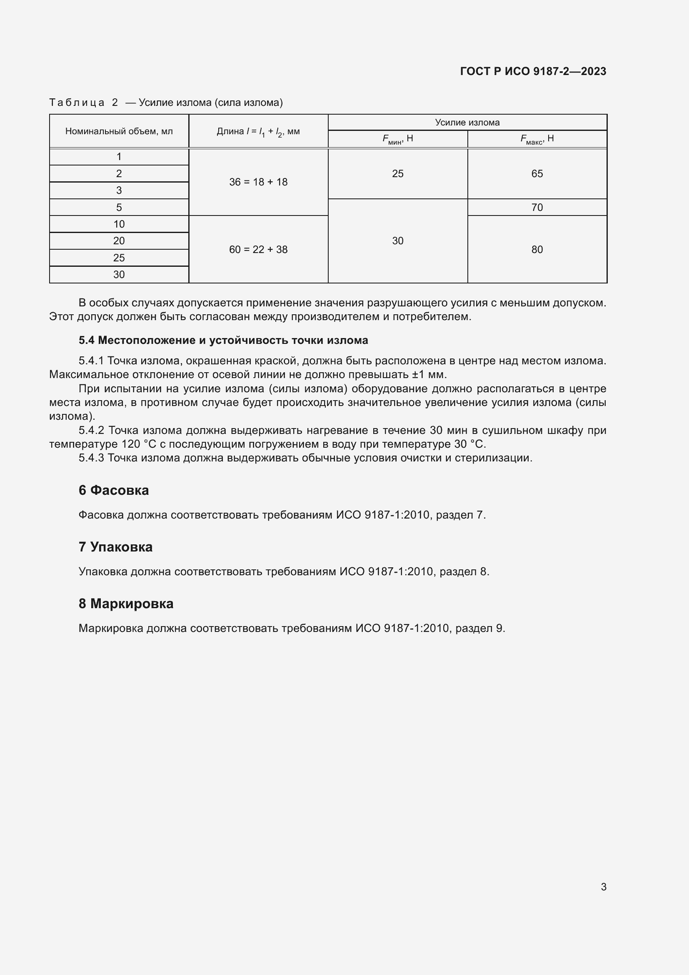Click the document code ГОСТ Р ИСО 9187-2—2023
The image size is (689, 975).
point(533,71)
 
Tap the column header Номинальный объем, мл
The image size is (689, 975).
point(119,131)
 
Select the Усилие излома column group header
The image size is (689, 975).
point(467,122)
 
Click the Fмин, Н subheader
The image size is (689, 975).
point(397,139)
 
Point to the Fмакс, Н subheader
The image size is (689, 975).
point(537,139)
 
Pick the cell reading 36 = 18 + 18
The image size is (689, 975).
point(258,182)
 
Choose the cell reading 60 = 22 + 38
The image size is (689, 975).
point(258,250)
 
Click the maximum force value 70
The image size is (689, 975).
point(537,207)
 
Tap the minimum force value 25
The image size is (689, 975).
point(397,174)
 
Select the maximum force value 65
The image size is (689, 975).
point(537,174)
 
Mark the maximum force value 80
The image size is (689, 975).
point(537,250)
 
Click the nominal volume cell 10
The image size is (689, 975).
point(119,224)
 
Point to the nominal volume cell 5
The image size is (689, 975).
point(119,207)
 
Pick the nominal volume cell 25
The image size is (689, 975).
point(119,258)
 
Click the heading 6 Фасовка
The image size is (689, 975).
point(114,491)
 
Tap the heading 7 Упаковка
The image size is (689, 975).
point(115,547)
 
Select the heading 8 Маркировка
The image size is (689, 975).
point(126,604)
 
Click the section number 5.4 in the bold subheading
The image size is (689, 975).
point(87,341)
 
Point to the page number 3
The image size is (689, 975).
point(603,887)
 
